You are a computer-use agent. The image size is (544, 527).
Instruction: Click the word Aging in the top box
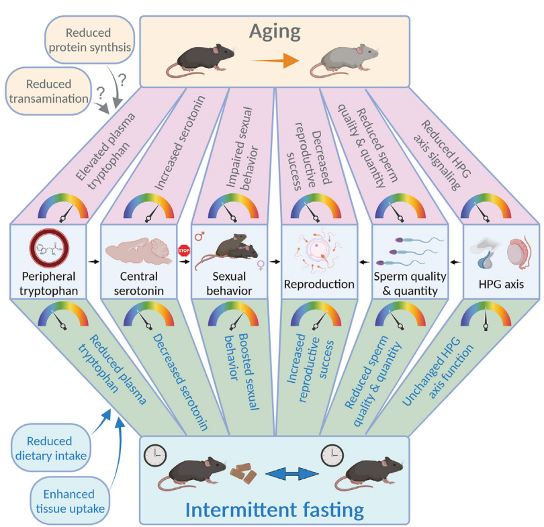coord(275,31)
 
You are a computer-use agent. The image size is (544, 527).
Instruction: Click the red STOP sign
coord(183,251)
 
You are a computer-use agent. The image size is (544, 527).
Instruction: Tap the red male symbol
coord(199,236)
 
